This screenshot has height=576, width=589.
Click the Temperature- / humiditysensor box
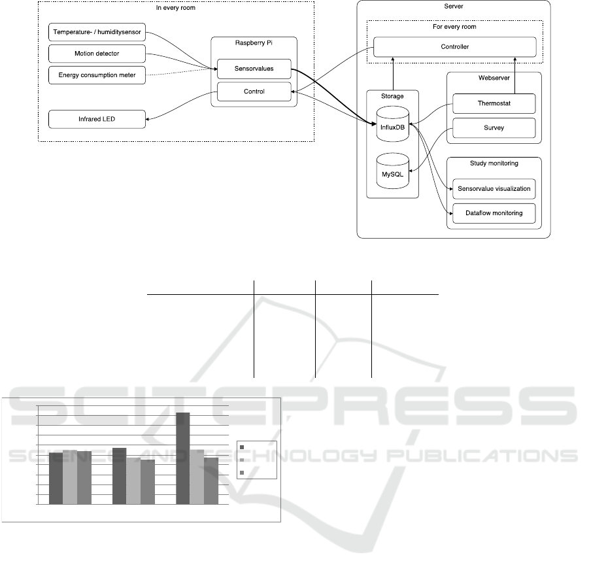click(x=97, y=32)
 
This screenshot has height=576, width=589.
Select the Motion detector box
click(x=97, y=54)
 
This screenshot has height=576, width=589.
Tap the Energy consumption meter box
click(x=97, y=75)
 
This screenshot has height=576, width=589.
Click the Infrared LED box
click(x=97, y=119)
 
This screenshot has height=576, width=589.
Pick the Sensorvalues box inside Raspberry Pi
click(x=254, y=69)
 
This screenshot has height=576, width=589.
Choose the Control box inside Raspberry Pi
click(x=254, y=92)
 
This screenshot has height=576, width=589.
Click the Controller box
click(x=454, y=46)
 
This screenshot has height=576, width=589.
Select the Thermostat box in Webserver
click(x=494, y=103)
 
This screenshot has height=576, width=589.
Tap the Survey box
click(x=494, y=127)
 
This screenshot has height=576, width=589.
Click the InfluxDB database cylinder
click(x=392, y=124)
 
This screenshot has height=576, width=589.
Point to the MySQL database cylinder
click(x=392, y=171)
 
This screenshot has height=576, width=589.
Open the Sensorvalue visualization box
click(x=494, y=188)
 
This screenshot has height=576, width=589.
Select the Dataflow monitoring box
click(x=494, y=213)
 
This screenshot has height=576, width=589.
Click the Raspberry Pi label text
click(x=254, y=43)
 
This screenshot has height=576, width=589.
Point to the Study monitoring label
click(x=494, y=163)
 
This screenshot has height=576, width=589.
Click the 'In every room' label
click(x=176, y=7)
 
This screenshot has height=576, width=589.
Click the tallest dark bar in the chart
click(x=183, y=458)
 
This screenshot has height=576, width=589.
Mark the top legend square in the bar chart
click(x=242, y=447)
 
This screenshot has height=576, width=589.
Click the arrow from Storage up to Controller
click(x=393, y=74)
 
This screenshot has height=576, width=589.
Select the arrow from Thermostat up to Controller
click(x=514, y=76)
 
